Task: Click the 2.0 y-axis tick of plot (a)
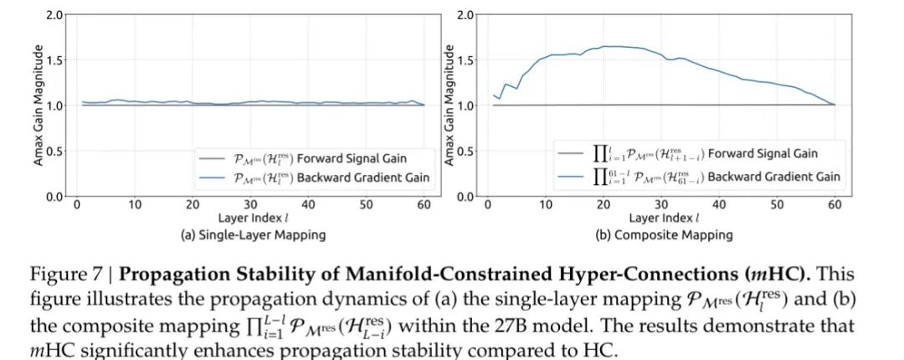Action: pos(54,15)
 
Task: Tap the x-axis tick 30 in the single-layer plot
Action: pos(251,204)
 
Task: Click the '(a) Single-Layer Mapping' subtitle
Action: pos(252,235)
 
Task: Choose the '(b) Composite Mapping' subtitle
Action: pos(664,235)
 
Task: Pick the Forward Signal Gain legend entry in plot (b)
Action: pos(701,153)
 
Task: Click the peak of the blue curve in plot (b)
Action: pos(607,46)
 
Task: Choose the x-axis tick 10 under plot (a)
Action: pos(135,204)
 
